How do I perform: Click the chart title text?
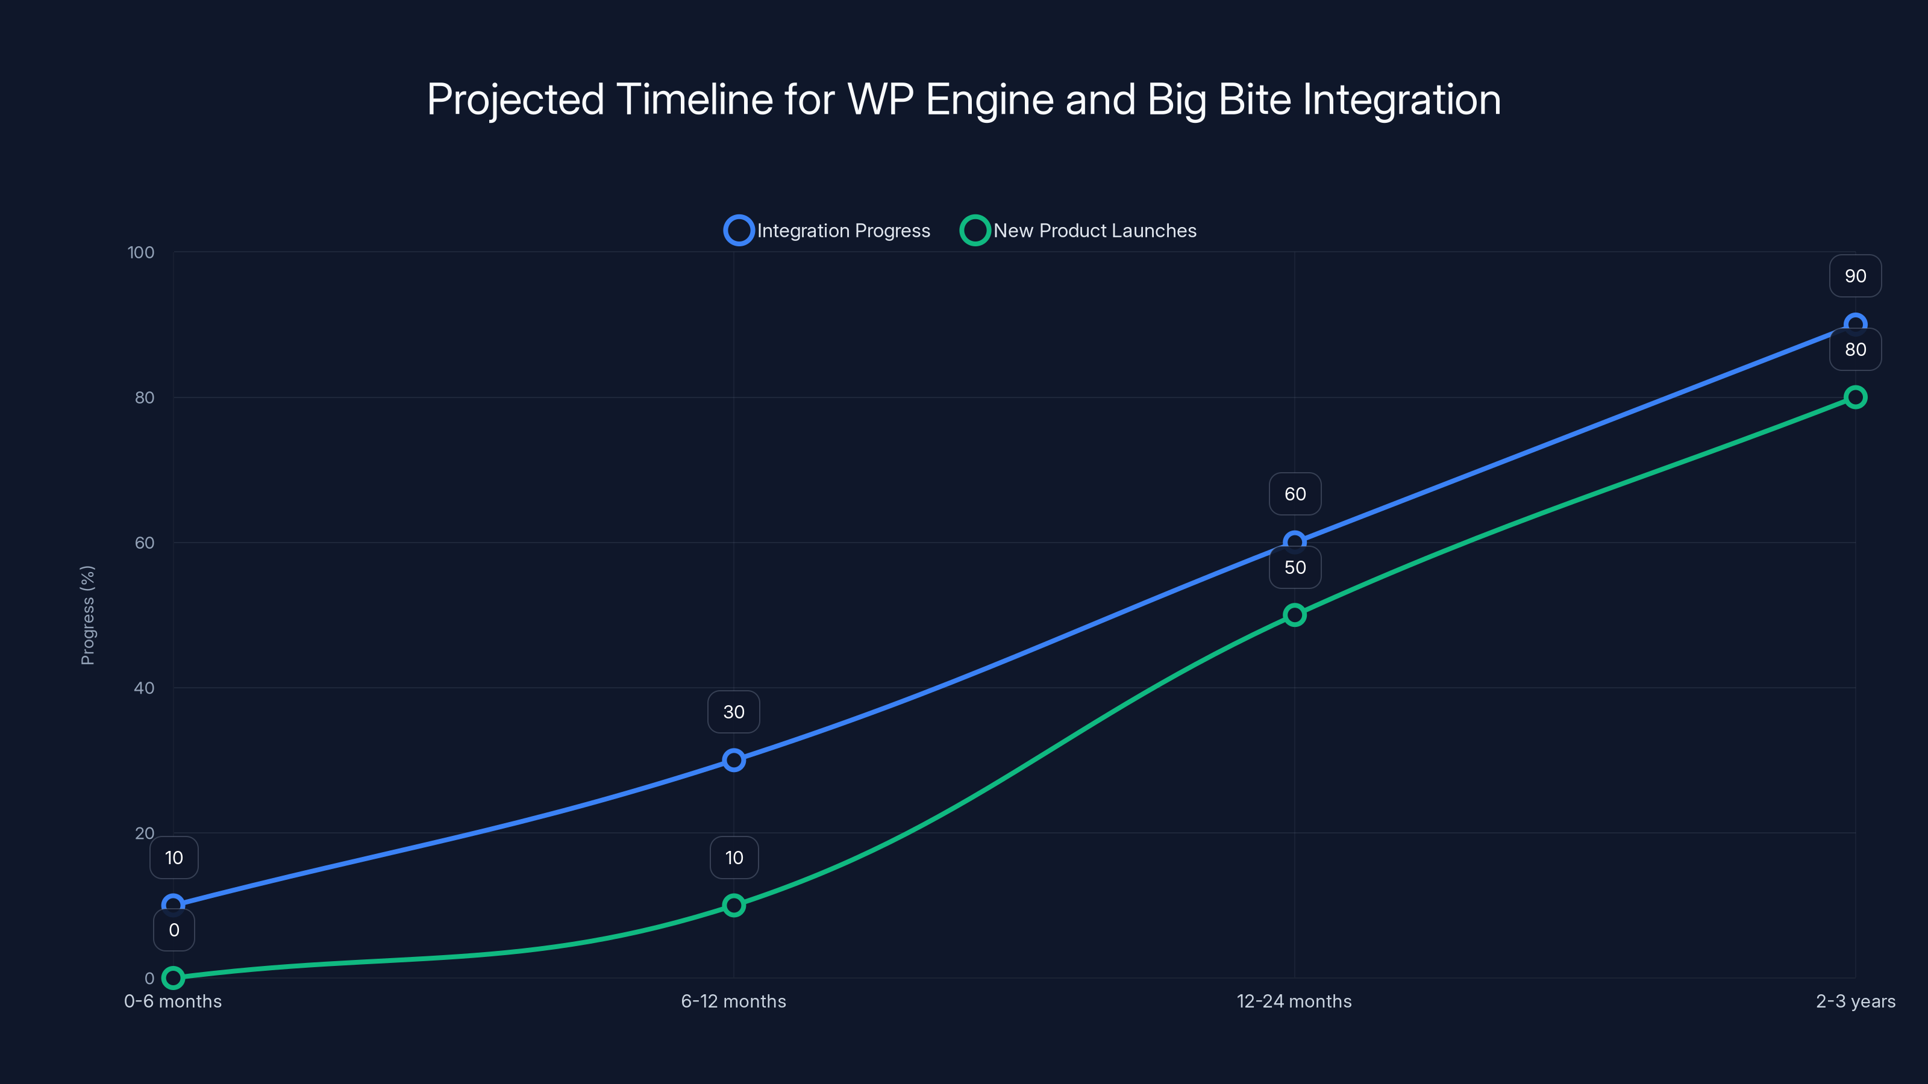click(x=963, y=99)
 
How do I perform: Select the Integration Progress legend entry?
click(x=828, y=231)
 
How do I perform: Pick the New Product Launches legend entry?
click(x=1078, y=231)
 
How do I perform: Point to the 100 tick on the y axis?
click(x=141, y=252)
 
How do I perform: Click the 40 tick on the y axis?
click(x=144, y=688)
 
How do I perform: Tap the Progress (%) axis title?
click(x=87, y=615)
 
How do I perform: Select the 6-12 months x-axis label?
click(x=733, y=1001)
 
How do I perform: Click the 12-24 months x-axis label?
click(x=1294, y=1001)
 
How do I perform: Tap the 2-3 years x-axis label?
click(x=1854, y=1001)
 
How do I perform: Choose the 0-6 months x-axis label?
click(x=173, y=1001)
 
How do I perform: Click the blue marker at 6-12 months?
click(x=733, y=760)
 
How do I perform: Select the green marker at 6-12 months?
click(x=733, y=905)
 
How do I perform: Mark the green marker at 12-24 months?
click(x=1294, y=615)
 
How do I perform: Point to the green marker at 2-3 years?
click(x=1854, y=397)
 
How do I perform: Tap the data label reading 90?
click(x=1854, y=276)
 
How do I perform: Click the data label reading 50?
click(x=1295, y=568)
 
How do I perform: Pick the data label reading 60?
click(x=1295, y=494)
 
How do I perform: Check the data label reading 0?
click(x=174, y=930)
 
